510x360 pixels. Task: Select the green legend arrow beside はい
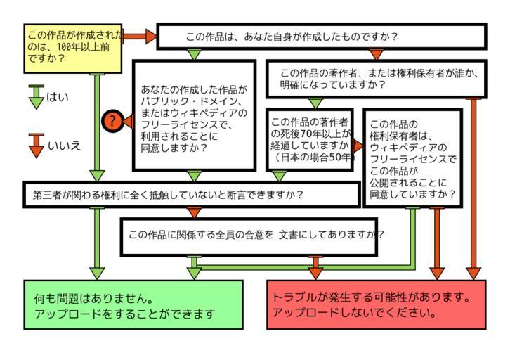click(x=37, y=97)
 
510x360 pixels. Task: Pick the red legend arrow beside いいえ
click(x=37, y=145)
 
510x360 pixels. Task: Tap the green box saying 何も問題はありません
click(x=133, y=304)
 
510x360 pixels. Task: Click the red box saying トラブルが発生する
click(x=376, y=304)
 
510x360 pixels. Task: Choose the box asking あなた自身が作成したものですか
click(x=321, y=37)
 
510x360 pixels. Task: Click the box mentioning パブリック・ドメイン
click(x=194, y=115)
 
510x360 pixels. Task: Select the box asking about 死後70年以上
click(x=310, y=139)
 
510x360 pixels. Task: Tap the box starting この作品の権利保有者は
click(x=412, y=158)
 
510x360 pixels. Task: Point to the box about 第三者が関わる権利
click(x=191, y=194)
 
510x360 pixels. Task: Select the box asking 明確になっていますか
click(x=376, y=78)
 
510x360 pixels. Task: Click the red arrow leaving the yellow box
click(x=139, y=36)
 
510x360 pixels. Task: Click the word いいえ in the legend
click(x=64, y=146)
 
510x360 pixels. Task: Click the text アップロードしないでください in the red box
click(x=355, y=313)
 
